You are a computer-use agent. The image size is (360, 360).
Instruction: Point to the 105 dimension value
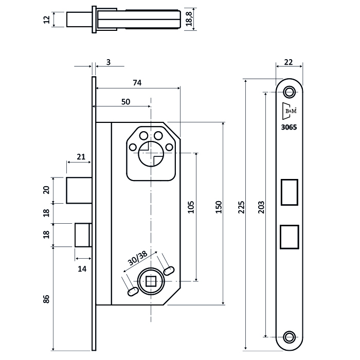tap(191, 207)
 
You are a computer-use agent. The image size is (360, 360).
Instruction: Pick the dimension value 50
tap(125, 102)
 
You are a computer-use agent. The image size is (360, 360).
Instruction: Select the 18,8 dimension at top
tap(189, 20)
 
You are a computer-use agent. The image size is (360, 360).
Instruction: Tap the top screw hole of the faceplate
tap(289, 93)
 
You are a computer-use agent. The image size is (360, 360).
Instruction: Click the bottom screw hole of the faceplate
tap(289, 337)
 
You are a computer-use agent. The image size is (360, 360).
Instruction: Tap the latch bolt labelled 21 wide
tap(79, 190)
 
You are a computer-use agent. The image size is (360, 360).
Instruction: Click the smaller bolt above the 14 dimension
tap(83, 235)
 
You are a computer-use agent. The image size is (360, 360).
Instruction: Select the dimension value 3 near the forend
tap(108, 63)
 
